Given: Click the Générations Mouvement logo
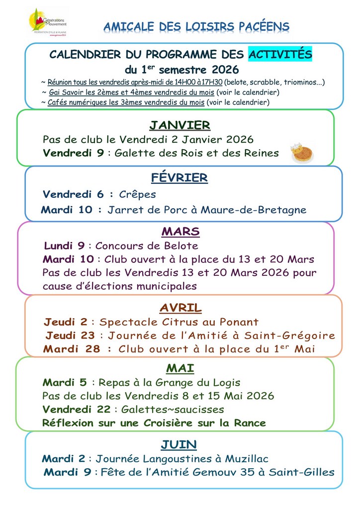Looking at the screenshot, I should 48,22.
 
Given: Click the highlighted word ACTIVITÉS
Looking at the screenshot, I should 280,54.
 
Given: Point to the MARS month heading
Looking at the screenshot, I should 180,232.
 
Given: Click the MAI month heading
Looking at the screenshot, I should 180,368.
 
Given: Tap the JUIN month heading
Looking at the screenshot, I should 179,444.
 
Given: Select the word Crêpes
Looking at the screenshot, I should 138,194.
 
